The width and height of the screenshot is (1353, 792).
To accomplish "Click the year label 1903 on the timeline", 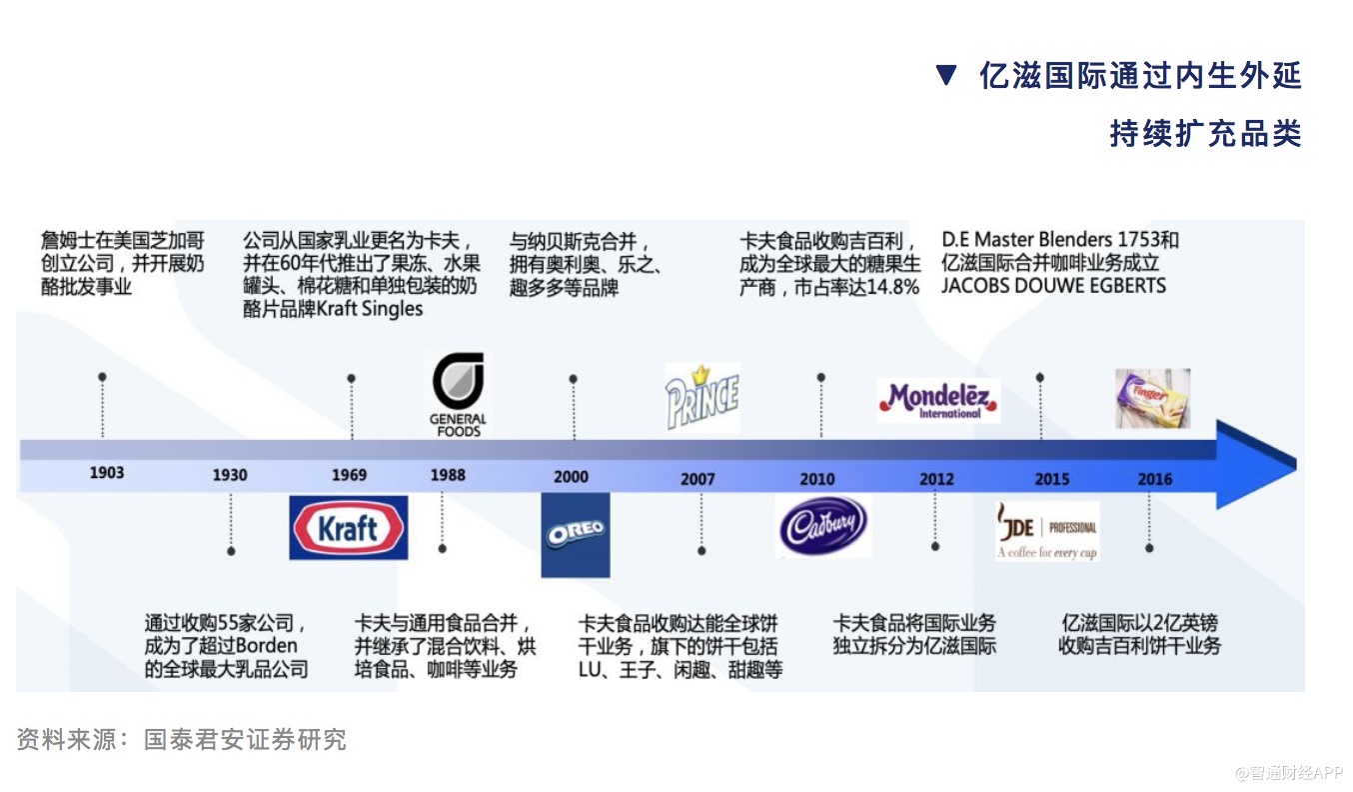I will (107, 472).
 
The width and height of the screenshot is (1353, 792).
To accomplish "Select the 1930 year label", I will (229, 475).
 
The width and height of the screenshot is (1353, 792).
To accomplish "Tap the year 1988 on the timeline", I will (448, 475).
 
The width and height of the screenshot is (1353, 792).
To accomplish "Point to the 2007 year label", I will (697, 479).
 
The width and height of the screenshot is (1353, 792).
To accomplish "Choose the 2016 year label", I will (1154, 479).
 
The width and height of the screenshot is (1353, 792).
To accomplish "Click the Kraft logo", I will (349, 527).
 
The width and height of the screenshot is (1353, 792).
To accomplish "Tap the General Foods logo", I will (458, 394).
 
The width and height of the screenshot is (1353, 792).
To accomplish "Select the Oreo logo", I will (576, 534).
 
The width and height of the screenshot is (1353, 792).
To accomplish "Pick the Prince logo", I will (702, 396).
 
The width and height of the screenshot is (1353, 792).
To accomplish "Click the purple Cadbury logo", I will (823, 525).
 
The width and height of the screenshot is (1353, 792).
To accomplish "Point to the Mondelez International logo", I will (938, 400).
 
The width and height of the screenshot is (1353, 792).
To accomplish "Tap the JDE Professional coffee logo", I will (1047, 531).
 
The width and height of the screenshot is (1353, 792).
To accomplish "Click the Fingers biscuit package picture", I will (1152, 398).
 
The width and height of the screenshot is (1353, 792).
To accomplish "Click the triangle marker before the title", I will (946, 76).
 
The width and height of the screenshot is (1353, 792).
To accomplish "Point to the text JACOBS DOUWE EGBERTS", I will (1053, 286).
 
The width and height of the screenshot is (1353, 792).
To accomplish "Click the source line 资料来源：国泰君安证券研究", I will (181, 740).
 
